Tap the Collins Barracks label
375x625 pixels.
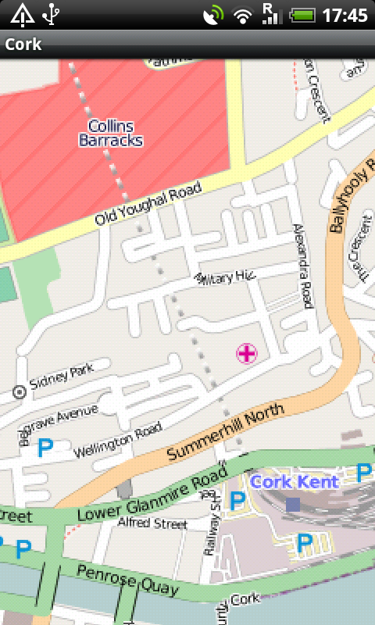(111, 134)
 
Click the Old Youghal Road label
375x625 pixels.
(148, 205)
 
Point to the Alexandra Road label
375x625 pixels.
(302, 266)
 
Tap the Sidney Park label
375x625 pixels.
(61, 377)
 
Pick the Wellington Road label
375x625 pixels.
(117, 441)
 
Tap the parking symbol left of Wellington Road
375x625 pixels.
(45, 448)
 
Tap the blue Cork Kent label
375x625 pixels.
(295, 481)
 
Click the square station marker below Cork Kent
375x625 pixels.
(292, 505)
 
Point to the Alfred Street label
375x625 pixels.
(153, 523)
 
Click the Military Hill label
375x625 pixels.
(227, 275)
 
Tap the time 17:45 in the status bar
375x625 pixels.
(345, 15)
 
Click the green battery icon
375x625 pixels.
(302, 15)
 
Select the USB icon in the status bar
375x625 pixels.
(52, 14)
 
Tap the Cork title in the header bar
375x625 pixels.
(23, 44)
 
